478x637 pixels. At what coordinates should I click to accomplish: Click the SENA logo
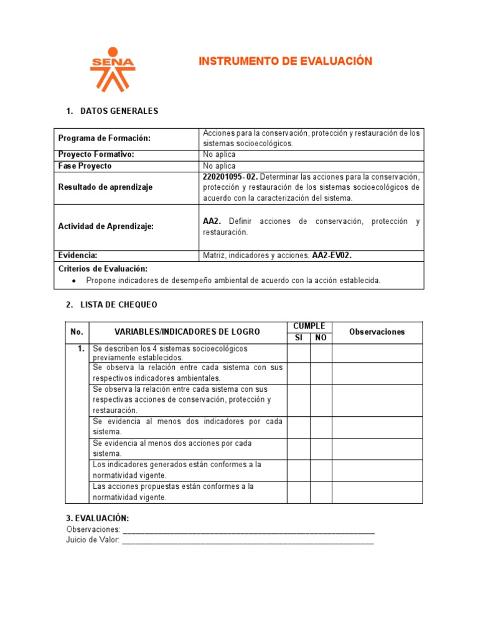113,69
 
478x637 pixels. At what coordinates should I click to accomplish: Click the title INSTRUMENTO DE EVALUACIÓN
285,61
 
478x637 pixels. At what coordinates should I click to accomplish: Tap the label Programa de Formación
104,138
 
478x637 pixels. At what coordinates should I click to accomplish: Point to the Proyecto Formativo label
96,154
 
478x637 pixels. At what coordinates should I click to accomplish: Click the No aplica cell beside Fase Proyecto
219,166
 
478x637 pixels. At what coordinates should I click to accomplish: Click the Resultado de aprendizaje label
105,187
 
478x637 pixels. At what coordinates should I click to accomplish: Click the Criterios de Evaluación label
103,269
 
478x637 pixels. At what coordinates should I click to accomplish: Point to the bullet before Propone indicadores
74,281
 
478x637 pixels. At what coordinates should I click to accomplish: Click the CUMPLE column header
309,327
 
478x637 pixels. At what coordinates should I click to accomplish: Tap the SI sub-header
298,337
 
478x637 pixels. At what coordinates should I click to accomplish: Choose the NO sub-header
321,337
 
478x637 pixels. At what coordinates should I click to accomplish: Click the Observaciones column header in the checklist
377,332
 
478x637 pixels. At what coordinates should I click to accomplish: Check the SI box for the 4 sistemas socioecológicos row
298,353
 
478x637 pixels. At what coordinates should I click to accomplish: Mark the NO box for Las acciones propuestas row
321,492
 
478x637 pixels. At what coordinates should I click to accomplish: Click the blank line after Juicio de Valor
248,541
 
